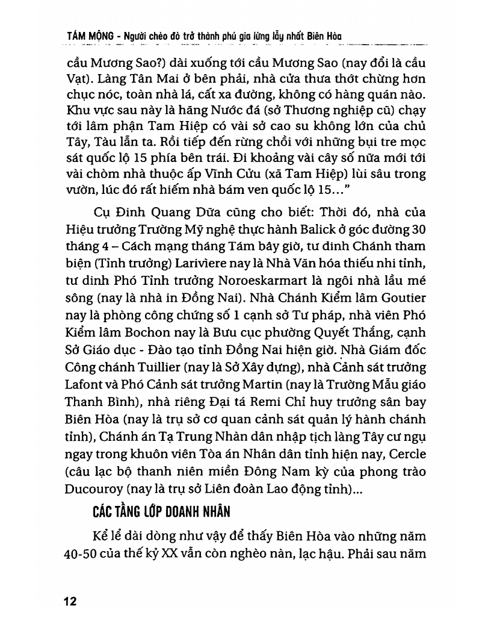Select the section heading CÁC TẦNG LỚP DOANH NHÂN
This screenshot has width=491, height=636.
point(162,513)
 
